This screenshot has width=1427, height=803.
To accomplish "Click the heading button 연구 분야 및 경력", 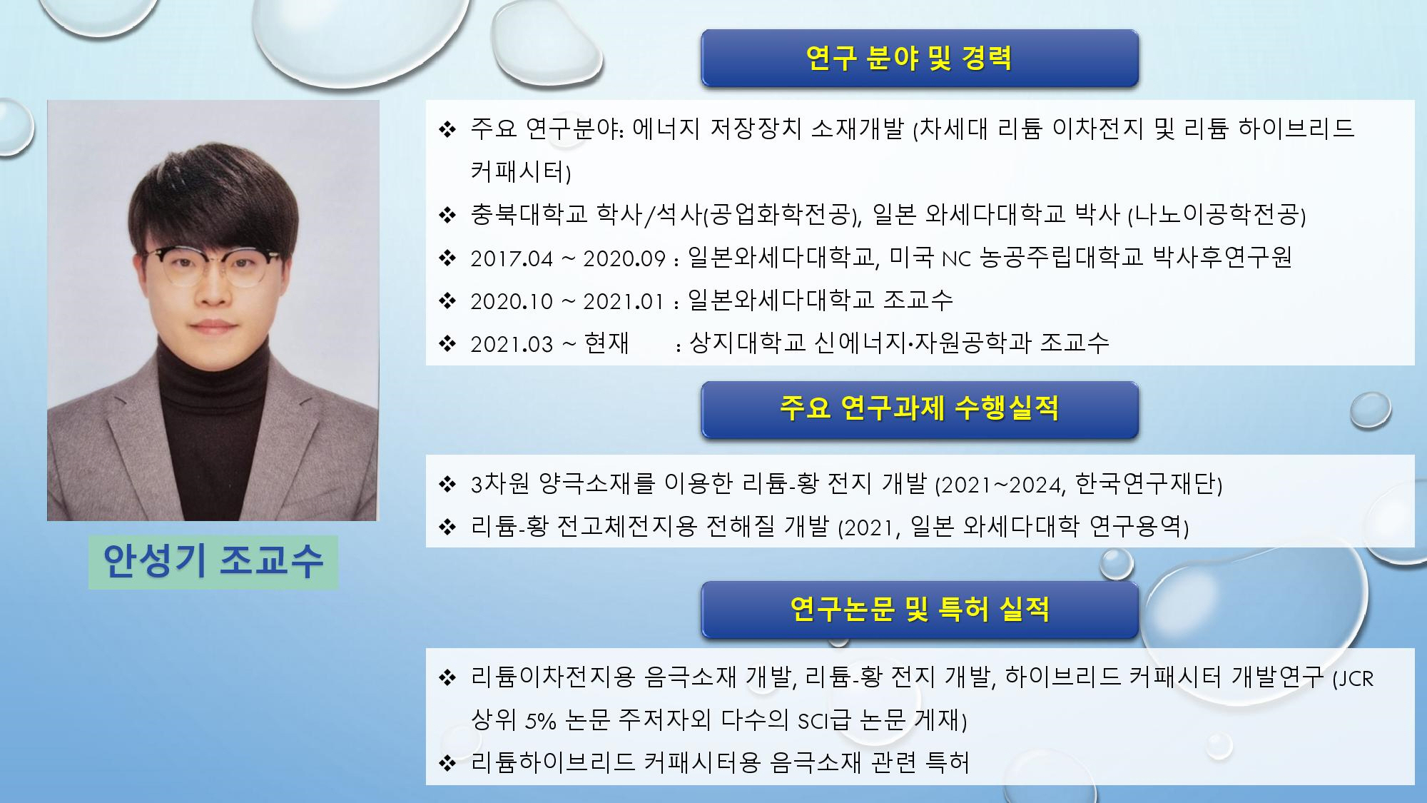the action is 920,59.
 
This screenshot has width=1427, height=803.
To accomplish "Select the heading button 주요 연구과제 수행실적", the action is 920,410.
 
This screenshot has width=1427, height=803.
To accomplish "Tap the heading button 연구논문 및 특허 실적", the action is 920,610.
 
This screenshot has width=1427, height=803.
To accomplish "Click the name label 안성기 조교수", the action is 213,562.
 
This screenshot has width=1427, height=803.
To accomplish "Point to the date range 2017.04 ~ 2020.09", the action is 568,258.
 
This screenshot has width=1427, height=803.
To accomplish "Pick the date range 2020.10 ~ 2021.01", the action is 567,301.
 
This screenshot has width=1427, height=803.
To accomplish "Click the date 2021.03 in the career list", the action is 512,344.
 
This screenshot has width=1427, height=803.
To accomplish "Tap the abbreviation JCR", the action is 1354,678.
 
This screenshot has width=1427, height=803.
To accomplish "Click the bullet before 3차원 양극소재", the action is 447,485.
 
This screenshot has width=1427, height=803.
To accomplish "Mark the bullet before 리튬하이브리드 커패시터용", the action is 447,763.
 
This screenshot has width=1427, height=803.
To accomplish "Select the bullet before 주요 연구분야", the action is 447,129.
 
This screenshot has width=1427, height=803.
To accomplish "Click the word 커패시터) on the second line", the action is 521,171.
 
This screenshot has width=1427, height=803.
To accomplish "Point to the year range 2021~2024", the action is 1000,485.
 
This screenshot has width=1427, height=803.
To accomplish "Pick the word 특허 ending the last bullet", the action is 948,763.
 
